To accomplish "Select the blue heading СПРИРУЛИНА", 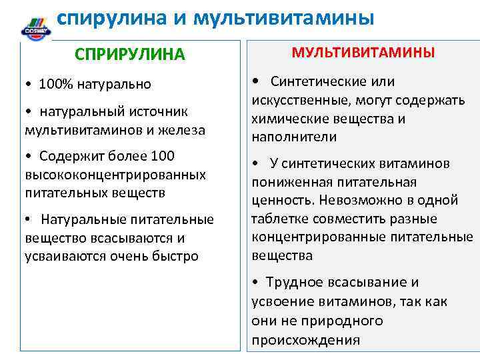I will (x=130, y=54).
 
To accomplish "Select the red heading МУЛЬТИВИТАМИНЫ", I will (x=363, y=52).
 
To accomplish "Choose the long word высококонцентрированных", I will (x=115, y=175).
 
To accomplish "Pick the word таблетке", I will (x=278, y=219).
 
